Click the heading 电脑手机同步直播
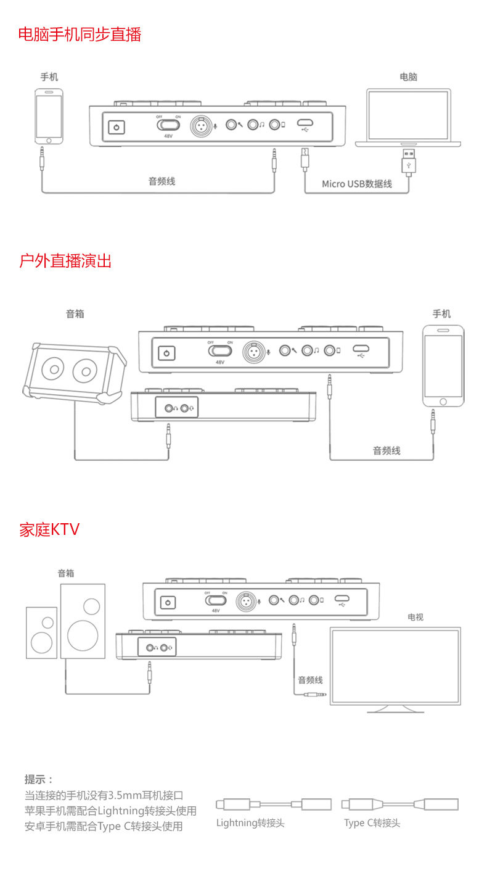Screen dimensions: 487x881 [x=80, y=34]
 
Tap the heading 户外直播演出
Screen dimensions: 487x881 [x=65, y=261]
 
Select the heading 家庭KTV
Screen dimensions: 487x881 [x=49, y=529]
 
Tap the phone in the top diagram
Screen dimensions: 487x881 [x=49, y=117]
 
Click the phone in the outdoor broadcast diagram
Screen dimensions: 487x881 [x=443, y=366]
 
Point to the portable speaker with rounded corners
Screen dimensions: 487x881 [x=75, y=373]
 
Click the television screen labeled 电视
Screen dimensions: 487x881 [x=395, y=669]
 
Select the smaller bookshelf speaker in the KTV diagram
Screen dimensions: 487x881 [x=42, y=633]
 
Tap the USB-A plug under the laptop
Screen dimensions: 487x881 [x=408, y=160]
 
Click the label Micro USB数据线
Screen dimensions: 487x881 [x=357, y=184]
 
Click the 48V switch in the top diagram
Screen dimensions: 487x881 [x=168, y=125]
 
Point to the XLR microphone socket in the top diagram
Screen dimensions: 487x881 [x=201, y=126]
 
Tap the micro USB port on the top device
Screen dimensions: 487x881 [x=305, y=122]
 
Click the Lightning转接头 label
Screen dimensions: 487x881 [x=250, y=823]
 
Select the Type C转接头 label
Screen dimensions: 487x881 [x=372, y=823]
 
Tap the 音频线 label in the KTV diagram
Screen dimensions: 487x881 [x=310, y=680]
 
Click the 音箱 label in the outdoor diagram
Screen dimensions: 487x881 [x=75, y=314]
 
